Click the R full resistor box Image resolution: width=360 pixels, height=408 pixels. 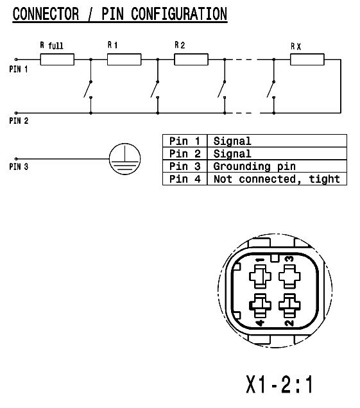click(x=57, y=59)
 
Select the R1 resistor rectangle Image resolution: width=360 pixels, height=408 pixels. click(x=124, y=59)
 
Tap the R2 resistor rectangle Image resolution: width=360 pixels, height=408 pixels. click(x=191, y=59)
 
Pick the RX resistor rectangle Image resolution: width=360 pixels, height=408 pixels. click(x=307, y=59)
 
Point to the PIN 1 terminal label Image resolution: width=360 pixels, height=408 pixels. click(x=18, y=69)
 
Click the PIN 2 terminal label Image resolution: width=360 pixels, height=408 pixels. click(x=19, y=121)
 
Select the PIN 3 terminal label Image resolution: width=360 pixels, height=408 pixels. click(x=19, y=167)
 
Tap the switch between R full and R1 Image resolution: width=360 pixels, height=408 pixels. click(x=89, y=89)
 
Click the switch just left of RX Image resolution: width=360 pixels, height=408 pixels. click(x=271, y=89)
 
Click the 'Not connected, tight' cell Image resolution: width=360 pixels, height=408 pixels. click(x=277, y=179)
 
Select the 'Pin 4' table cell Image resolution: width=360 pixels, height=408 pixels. click(x=185, y=179)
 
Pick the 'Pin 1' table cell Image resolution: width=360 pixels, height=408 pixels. click(x=185, y=140)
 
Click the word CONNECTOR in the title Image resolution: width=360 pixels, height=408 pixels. click(x=46, y=13)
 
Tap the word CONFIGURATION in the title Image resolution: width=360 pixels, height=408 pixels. click(x=179, y=13)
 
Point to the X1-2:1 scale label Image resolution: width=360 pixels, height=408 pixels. click(x=279, y=384)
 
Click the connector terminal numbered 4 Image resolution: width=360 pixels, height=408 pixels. click(x=260, y=305)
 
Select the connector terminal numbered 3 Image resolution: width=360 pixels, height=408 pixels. click(x=289, y=276)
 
